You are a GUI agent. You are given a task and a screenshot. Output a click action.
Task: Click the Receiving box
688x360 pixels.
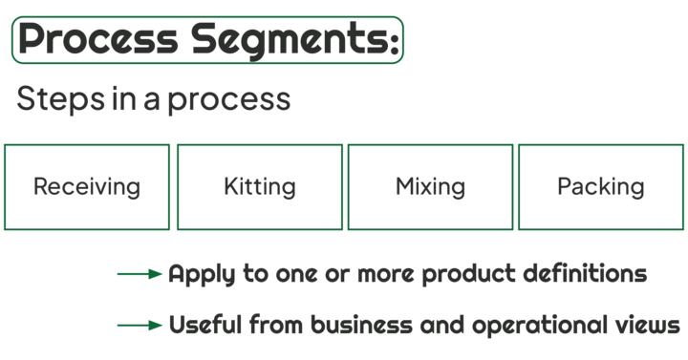[x=87, y=186]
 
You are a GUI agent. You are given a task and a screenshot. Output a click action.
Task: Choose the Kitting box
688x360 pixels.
[x=259, y=186]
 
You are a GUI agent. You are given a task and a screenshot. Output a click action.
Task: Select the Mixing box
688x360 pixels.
[x=430, y=186]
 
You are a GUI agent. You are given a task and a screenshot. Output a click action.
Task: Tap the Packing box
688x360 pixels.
[x=601, y=186]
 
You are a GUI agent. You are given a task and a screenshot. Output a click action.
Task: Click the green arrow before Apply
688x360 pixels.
[x=140, y=275]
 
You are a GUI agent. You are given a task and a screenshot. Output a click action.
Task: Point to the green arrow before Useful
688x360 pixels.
[x=140, y=326]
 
